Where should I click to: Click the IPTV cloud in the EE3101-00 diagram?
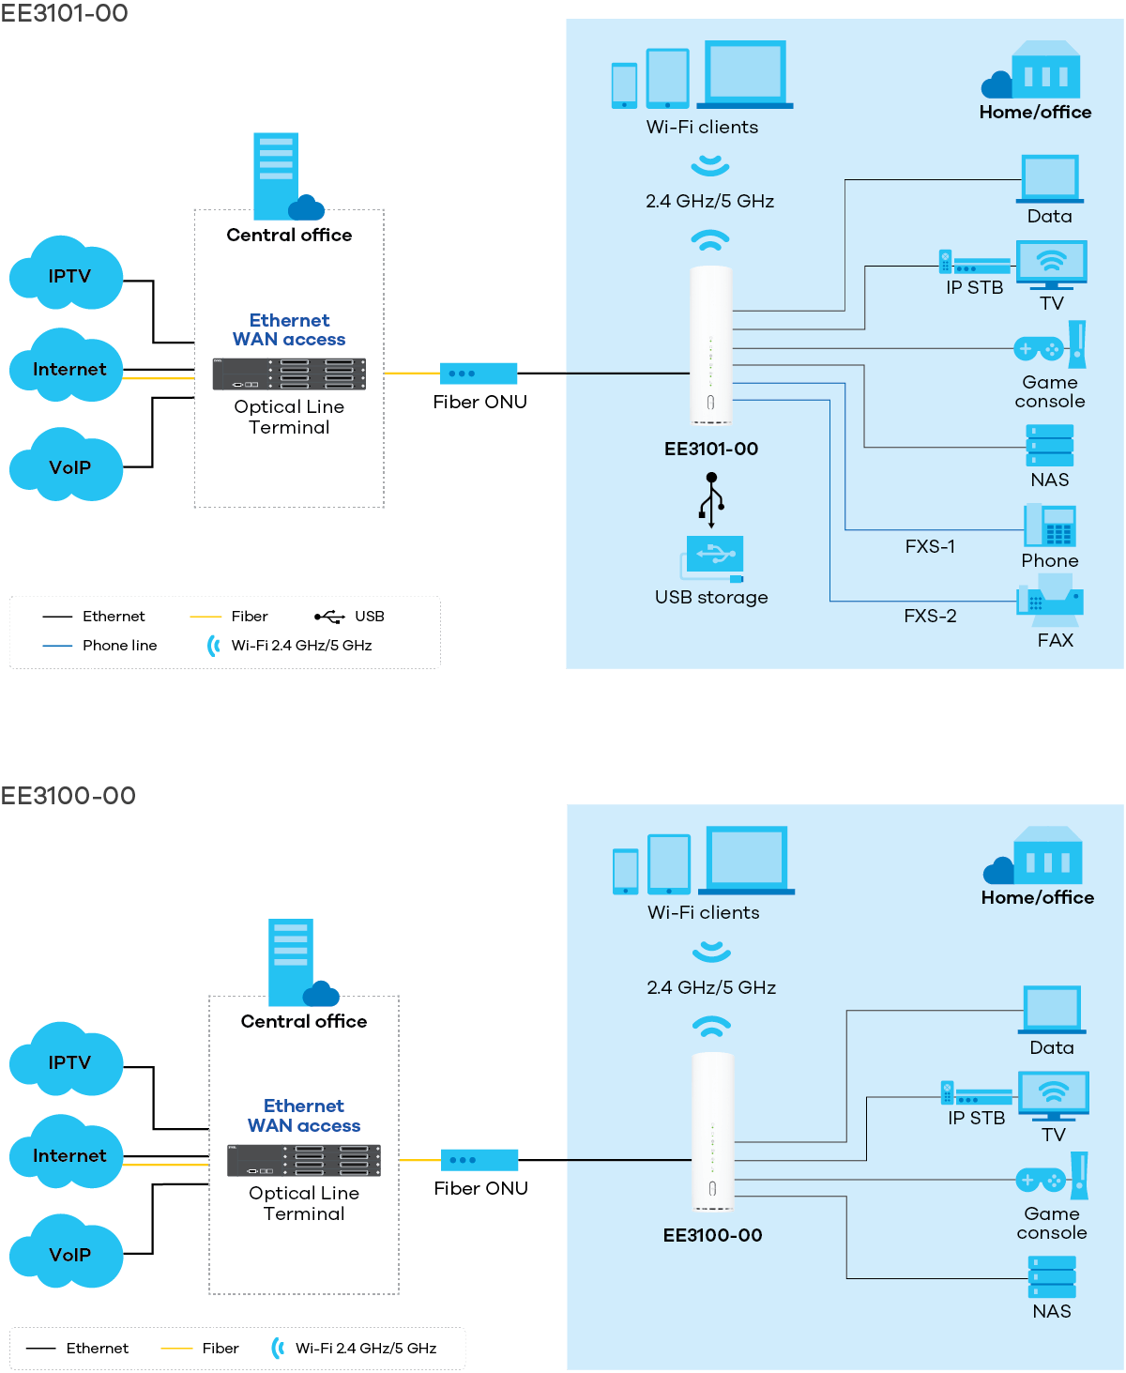tap(67, 274)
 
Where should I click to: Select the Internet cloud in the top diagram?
tap(67, 367)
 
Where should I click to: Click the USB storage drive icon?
tap(712, 557)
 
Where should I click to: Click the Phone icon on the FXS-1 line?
tap(1050, 526)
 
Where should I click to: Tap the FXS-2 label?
tap(930, 616)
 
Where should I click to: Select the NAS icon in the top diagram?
tap(1050, 446)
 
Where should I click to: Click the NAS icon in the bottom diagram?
tap(1052, 1277)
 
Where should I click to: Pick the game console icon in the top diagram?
tap(1050, 347)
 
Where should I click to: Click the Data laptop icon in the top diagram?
tap(1050, 178)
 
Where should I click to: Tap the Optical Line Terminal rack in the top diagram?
tap(289, 374)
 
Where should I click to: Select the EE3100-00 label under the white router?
tap(712, 1235)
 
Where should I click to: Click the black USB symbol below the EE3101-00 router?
tap(711, 499)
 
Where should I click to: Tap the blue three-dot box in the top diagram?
tap(479, 374)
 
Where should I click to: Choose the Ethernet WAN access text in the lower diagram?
tap(304, 1116)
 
